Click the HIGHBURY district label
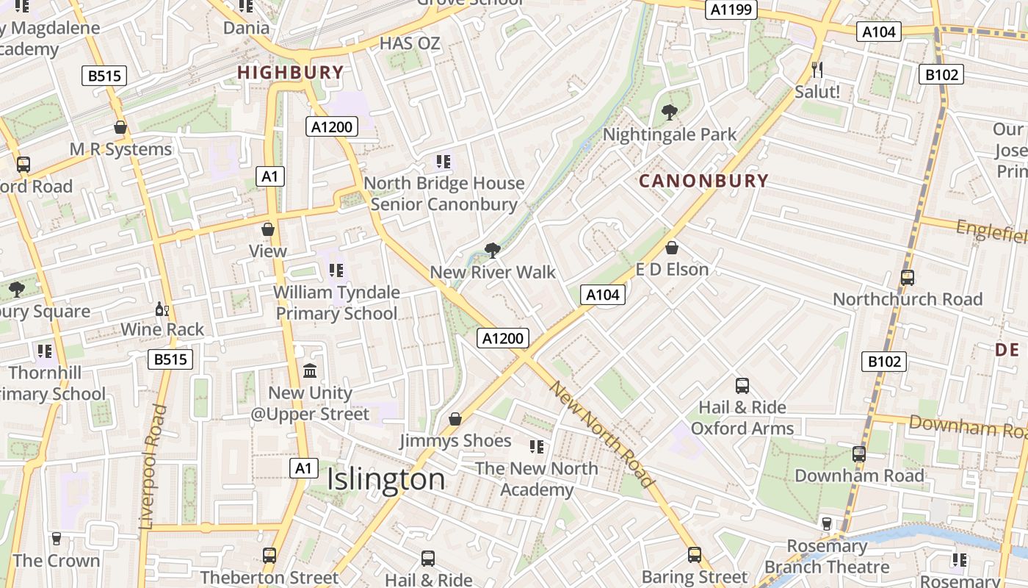tap(290, 72)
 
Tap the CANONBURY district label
tap(703, 181)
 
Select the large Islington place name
tap(385, 479)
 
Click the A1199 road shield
tap(731, 10)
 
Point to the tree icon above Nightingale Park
tap(669, 112)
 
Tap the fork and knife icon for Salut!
tap(817, 70)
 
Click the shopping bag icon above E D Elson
tap(671, 248)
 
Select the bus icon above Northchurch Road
tap(908, 278)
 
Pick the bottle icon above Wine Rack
tap(162, 309)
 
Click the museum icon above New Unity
tap(310, 370)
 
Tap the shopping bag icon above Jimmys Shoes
tap(455, 419)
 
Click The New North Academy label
tap(537, 478)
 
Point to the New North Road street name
tap(601, 434)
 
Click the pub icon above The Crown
tap(56, 539)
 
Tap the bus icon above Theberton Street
tap(269, 556)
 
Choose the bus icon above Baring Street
tap(695, 555)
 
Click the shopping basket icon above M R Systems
tap(120, 127)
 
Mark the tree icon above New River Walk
tap(492, 251)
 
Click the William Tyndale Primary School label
tap(336, 302)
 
